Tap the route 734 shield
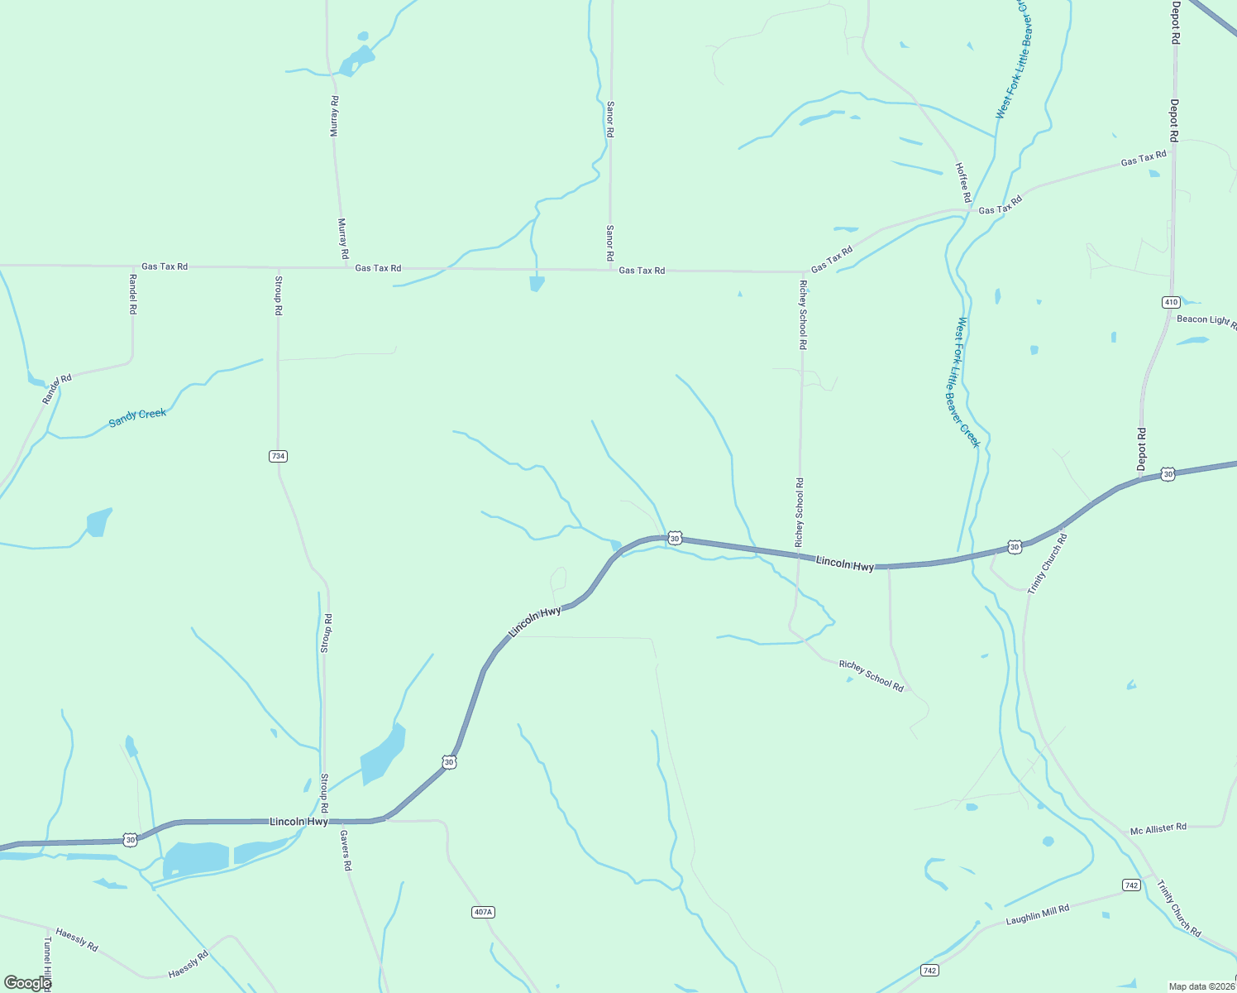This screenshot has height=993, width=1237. [278, 456]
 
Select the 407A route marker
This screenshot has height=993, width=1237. [483, 912]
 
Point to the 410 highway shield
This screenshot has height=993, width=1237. [1171, 302]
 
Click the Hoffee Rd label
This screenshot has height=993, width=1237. [962, 182]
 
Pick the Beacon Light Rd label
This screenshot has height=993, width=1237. [1206, 320]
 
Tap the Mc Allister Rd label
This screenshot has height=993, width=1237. [1158, 828]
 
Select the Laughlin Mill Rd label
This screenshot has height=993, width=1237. [1038, 914]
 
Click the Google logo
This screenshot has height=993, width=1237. [27, 982]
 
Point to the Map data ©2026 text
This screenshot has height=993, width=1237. [1201, 986]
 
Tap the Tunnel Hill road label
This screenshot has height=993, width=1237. [47, 960]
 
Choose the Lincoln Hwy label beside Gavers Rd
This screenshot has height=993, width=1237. [299, 822]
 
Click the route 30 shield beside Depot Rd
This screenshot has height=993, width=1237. [1167, 474]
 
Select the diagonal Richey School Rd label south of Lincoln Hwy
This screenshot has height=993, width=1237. [871, 675]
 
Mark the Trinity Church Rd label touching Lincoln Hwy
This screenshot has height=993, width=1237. [1048, 564]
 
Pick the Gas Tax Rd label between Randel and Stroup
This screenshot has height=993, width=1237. [165, 266]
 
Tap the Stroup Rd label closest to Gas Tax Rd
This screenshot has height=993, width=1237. [279, 295]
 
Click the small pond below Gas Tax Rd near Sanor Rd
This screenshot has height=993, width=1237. [537, 284]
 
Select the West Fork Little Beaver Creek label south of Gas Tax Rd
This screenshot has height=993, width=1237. [967, 382]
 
